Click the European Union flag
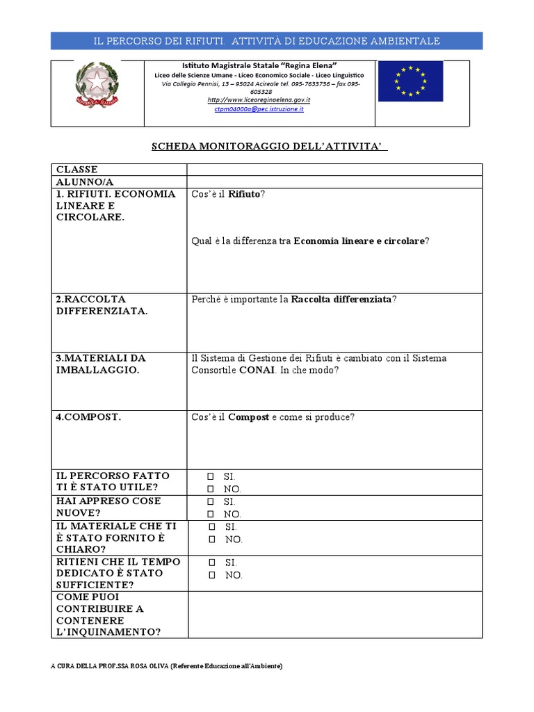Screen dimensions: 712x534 pyautogui.click(x=410, y=81)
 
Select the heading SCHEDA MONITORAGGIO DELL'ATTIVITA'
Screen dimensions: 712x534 pyautogui.click(x=269, y=147)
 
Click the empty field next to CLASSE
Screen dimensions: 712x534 pyautogui.click(x=334, y=170)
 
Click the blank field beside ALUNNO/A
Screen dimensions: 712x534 pyautogui.click(x=334, y=182)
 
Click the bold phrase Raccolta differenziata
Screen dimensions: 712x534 pyautogui.click(x=341, y=299)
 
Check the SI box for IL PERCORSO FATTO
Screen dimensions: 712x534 pyautogui.click(x=210, y=477)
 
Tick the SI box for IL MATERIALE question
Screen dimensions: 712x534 pyautogui.click(x=212, y=527)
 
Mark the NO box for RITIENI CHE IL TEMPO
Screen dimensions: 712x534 pyautogui.click(x=212, y=576)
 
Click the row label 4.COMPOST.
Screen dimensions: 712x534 pyautogui.click(x=88, y=417)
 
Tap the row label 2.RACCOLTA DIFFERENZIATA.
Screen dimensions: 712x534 pyautogui.click(x=102, y=305)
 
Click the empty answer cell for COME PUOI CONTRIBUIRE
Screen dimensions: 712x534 pyautogui.click(x=334, y=615)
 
